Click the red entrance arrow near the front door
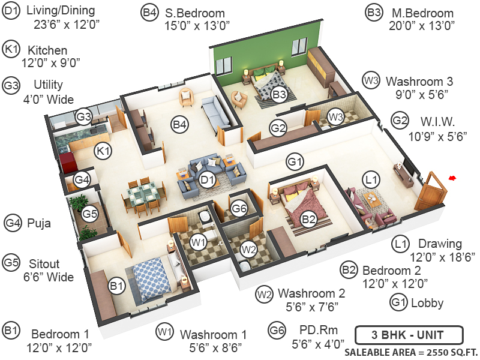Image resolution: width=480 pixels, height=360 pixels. point(452,178)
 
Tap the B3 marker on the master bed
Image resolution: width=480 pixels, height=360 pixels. point(279,94)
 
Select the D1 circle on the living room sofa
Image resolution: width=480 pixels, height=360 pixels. point(208,179)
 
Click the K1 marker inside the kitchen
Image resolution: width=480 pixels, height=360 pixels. point(104,151)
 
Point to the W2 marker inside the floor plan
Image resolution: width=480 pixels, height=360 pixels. point(248,248)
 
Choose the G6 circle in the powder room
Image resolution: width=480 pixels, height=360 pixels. point(240,208)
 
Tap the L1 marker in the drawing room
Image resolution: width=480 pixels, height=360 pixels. point(372,179)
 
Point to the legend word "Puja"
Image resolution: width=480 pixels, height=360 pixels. point(39,224)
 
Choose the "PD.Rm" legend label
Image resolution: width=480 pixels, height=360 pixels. point(311,329)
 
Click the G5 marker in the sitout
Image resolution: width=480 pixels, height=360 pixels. point(89,213)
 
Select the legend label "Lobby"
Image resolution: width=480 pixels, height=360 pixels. point(427,302)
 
